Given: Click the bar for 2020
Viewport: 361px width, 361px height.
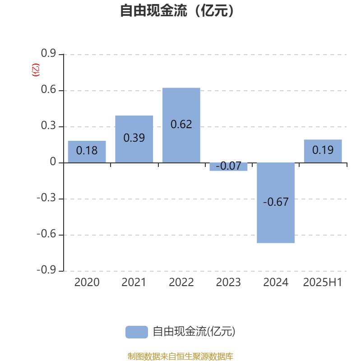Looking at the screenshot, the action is point(87,152).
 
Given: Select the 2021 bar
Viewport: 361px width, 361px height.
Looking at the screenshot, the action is point(134,139).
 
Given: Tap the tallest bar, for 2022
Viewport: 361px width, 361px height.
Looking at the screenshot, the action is point(181,125).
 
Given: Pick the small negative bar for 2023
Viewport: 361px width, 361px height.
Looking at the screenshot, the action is point(228,167).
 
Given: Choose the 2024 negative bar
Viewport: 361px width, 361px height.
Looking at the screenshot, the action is point(276,203).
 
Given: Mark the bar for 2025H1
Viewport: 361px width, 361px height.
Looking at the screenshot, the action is point(323,151).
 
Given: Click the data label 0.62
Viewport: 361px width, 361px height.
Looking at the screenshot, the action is point(181,125).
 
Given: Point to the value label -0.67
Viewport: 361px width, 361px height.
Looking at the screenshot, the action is point(276,202).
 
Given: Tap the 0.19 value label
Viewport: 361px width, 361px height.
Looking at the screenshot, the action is point(323,150).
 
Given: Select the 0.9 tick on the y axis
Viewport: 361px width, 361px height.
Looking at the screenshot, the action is point(48,53).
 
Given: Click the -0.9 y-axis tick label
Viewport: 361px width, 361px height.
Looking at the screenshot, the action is point(46,270).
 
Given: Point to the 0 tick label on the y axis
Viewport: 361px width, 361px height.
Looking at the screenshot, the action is point(53,162).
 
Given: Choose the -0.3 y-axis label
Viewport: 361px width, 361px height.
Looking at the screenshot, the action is point(46,198).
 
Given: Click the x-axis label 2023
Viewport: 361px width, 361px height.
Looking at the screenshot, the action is point(228,282).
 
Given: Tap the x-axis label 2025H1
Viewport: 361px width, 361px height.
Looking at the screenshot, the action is point(323,282).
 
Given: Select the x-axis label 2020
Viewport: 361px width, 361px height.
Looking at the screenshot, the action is point(87,282).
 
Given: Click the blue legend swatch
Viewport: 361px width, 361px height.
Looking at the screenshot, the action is point(137,332).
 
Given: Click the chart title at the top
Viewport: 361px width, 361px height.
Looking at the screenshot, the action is point(177,10).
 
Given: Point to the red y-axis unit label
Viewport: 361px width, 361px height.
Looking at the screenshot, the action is point(36,70).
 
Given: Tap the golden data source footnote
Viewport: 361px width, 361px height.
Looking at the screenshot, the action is point(180,356).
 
